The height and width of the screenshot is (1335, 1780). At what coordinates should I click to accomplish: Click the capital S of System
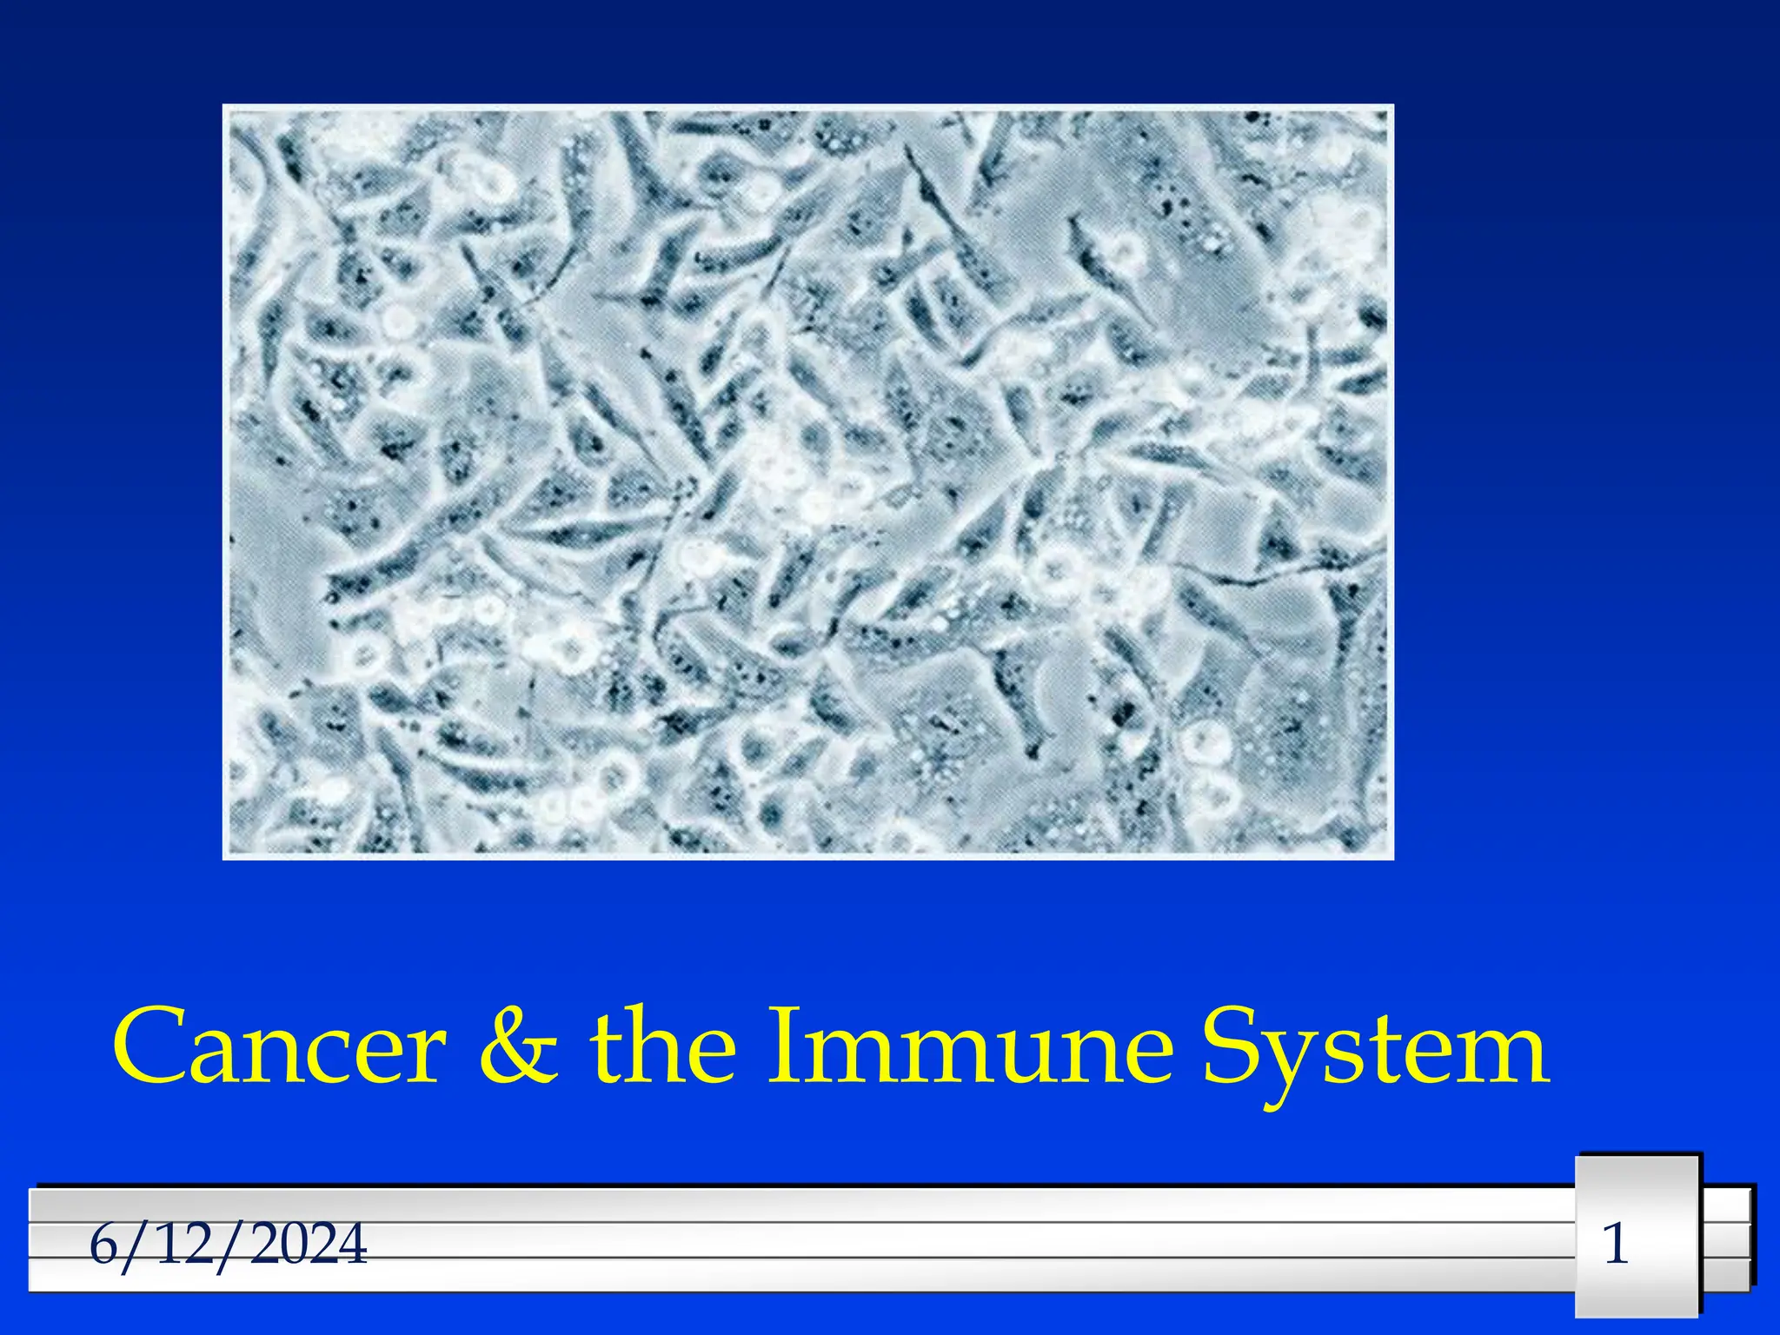(1232, 1046)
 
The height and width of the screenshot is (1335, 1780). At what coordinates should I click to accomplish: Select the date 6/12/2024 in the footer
(228, 1245)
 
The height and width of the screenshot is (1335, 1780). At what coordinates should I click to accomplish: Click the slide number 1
(1616, 1244)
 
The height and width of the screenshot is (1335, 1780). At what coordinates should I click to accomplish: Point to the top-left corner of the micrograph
(224, 106)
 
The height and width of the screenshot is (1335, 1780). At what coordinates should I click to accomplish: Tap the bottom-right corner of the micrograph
(1392, 858)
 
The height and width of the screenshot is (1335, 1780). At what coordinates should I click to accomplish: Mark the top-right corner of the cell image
(1392, 106)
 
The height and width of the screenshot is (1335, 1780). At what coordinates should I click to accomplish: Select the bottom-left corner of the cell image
(224, 858)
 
